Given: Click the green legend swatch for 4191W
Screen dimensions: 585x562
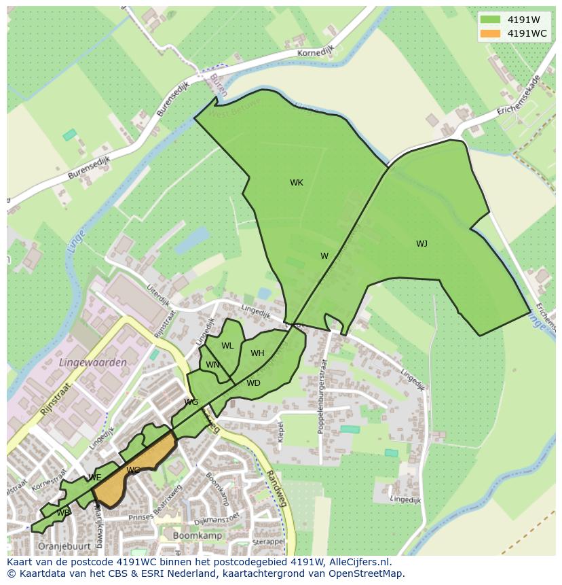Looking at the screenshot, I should pyautogui.click(x=490, y=19).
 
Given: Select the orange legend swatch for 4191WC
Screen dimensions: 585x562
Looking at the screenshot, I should pyautogui.click(x=490, y=33).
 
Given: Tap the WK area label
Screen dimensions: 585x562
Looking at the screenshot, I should pyautogui.click(x=297, y=183).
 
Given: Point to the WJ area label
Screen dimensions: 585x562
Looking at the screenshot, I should pyautogui.click(x=421, y=244).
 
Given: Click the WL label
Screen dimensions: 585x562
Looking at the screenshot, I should pyautogui.click(x=227, y=346).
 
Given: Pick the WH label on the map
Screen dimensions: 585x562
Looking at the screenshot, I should pyautogui.click(x=257, y=353).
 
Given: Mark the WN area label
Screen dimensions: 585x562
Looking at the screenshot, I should pyautogui.click(x=212, y=365).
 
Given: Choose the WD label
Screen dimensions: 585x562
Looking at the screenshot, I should pyautogui.click(x=253, y=383).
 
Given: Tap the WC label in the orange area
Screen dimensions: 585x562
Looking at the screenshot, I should pyautogui.click(x=133, y=470).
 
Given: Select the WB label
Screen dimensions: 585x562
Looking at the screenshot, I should pyautogui.click(x=63, y=512).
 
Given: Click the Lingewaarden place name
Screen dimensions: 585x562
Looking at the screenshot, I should pyautogui.click(x=93, y=363).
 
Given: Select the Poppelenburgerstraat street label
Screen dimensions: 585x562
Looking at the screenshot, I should pyautogui.click(x=322, y=396).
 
